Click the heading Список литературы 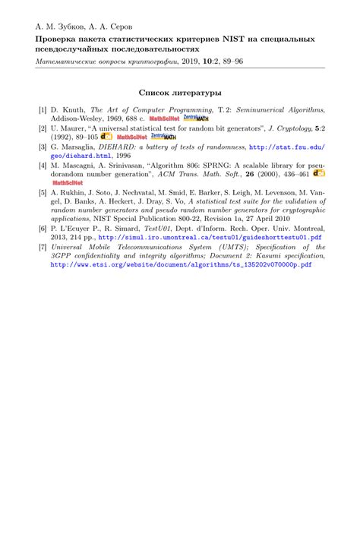180,92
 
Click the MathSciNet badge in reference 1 164,119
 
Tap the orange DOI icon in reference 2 106,137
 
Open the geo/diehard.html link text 79,156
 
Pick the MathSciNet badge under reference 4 67,183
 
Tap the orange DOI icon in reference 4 319,174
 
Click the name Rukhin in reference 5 76,192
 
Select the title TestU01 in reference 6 159,229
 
